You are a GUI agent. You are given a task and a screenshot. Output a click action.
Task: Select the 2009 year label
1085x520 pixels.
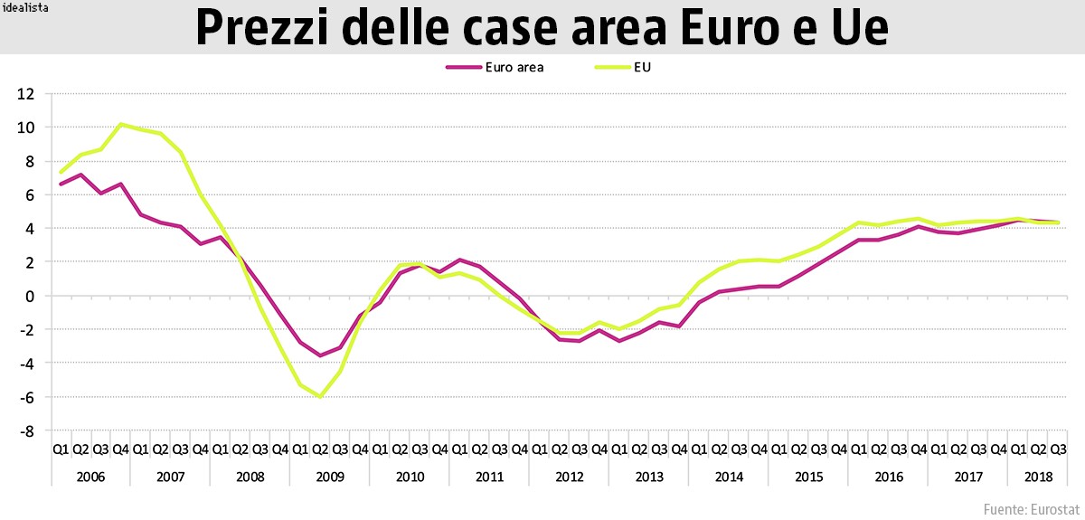pyautogui.click(x=329, y=476)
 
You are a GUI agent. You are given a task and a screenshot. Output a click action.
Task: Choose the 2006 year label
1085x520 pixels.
pyautogui.click(x=90, y=476)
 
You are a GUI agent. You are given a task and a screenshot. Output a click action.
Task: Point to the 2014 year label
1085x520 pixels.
pyautogui.click(x=728, y=476)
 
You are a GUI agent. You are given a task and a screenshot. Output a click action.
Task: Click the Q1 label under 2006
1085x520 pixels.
pyautogui.click(x=61, y=449)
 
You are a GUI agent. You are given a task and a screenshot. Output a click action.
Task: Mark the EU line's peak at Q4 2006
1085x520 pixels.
pyautogui.click(x=121, y=125)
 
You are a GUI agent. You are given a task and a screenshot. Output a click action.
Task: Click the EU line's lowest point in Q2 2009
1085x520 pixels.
pyautogui.click(x=320, y=396)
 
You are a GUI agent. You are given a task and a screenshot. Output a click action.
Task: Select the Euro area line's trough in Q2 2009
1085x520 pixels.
pyautogui.click(x=320, y=355)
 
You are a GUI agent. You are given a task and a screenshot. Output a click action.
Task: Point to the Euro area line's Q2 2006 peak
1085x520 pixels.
pyautogui.click(x=81, y=175)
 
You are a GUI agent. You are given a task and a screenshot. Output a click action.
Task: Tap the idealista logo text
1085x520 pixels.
pyautogui.click(x=24, y=7)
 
